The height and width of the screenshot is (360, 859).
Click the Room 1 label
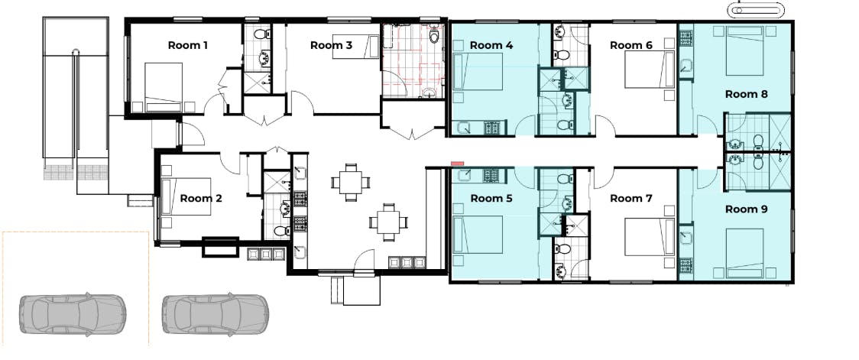[x=187, y=45]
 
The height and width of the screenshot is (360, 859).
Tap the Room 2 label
[x=200, y=199]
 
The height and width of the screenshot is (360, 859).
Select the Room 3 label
[x=331, y=45]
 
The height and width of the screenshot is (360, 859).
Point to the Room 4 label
[x=491, y=45]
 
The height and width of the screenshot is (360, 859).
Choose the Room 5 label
[x=491, y=199]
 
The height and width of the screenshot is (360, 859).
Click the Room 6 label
[x=631, y=45]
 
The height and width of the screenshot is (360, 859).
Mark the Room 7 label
[x=631, y=199]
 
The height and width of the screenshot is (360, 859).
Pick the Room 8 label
[x=746, y=94]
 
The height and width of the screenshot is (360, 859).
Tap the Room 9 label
[x=746, y=209]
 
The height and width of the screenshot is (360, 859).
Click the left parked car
[x=73, y=314]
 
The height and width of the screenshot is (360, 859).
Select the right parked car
[x=215, y=314]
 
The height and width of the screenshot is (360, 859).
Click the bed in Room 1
[x=164, y=87]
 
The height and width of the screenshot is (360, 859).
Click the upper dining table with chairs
[x=351, y=182]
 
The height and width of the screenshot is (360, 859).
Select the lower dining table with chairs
[x=388, y=222]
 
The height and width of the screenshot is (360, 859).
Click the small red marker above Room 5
[x=458, y=164]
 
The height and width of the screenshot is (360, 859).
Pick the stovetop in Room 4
[x=491, y=128]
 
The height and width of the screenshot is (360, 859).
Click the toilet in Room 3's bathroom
[x=434, y=35]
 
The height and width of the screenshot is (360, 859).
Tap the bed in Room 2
[x=186, y=196]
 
